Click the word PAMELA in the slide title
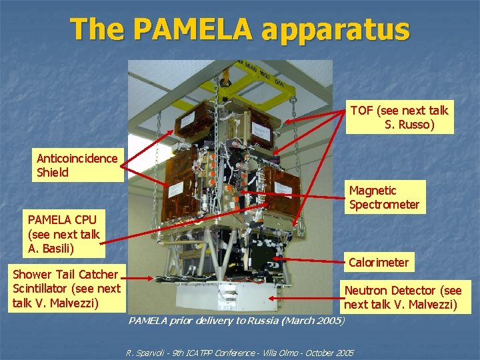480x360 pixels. (x=192, y=29)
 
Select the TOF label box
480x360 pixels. (x=400, y=117)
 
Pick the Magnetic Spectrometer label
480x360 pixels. (x=385, y=197)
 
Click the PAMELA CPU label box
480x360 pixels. (x=64, y=234)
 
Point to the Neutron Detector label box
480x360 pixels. (x=402, y=297)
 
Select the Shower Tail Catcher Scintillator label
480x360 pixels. (x=67, y=289)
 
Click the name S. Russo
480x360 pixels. (x=409, y=125)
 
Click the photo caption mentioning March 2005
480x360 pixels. (x=237, y=321)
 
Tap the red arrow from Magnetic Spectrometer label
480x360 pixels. (x=293, y=193)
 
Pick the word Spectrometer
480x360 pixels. (x=385, y=205)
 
